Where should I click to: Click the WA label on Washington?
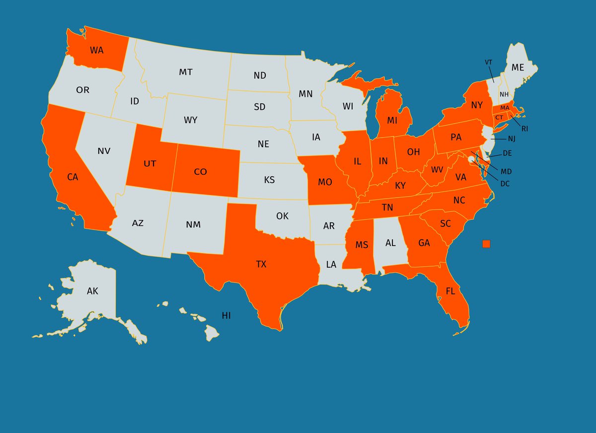point(96,50)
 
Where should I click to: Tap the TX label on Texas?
point(261,264)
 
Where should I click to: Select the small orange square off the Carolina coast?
point(486,243)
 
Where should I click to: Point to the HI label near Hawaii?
point(226,315)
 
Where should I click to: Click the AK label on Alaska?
point(92,291)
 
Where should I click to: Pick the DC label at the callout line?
point(505,183)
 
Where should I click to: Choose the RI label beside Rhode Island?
point(524,129)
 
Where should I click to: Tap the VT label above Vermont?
point(488,63)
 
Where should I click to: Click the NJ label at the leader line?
point(512,139)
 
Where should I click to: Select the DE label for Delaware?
point(507,153)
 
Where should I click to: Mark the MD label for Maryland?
point(506,171)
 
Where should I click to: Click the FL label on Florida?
point(450,291)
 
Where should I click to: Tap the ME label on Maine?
point(518,67)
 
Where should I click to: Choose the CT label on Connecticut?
point(499,117)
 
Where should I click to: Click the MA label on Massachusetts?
point(505,108)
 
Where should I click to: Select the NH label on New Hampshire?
point(504,94)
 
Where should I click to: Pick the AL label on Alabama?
point(391,243)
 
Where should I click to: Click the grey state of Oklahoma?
point(282,216)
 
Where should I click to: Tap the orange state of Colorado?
point(200,172)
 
